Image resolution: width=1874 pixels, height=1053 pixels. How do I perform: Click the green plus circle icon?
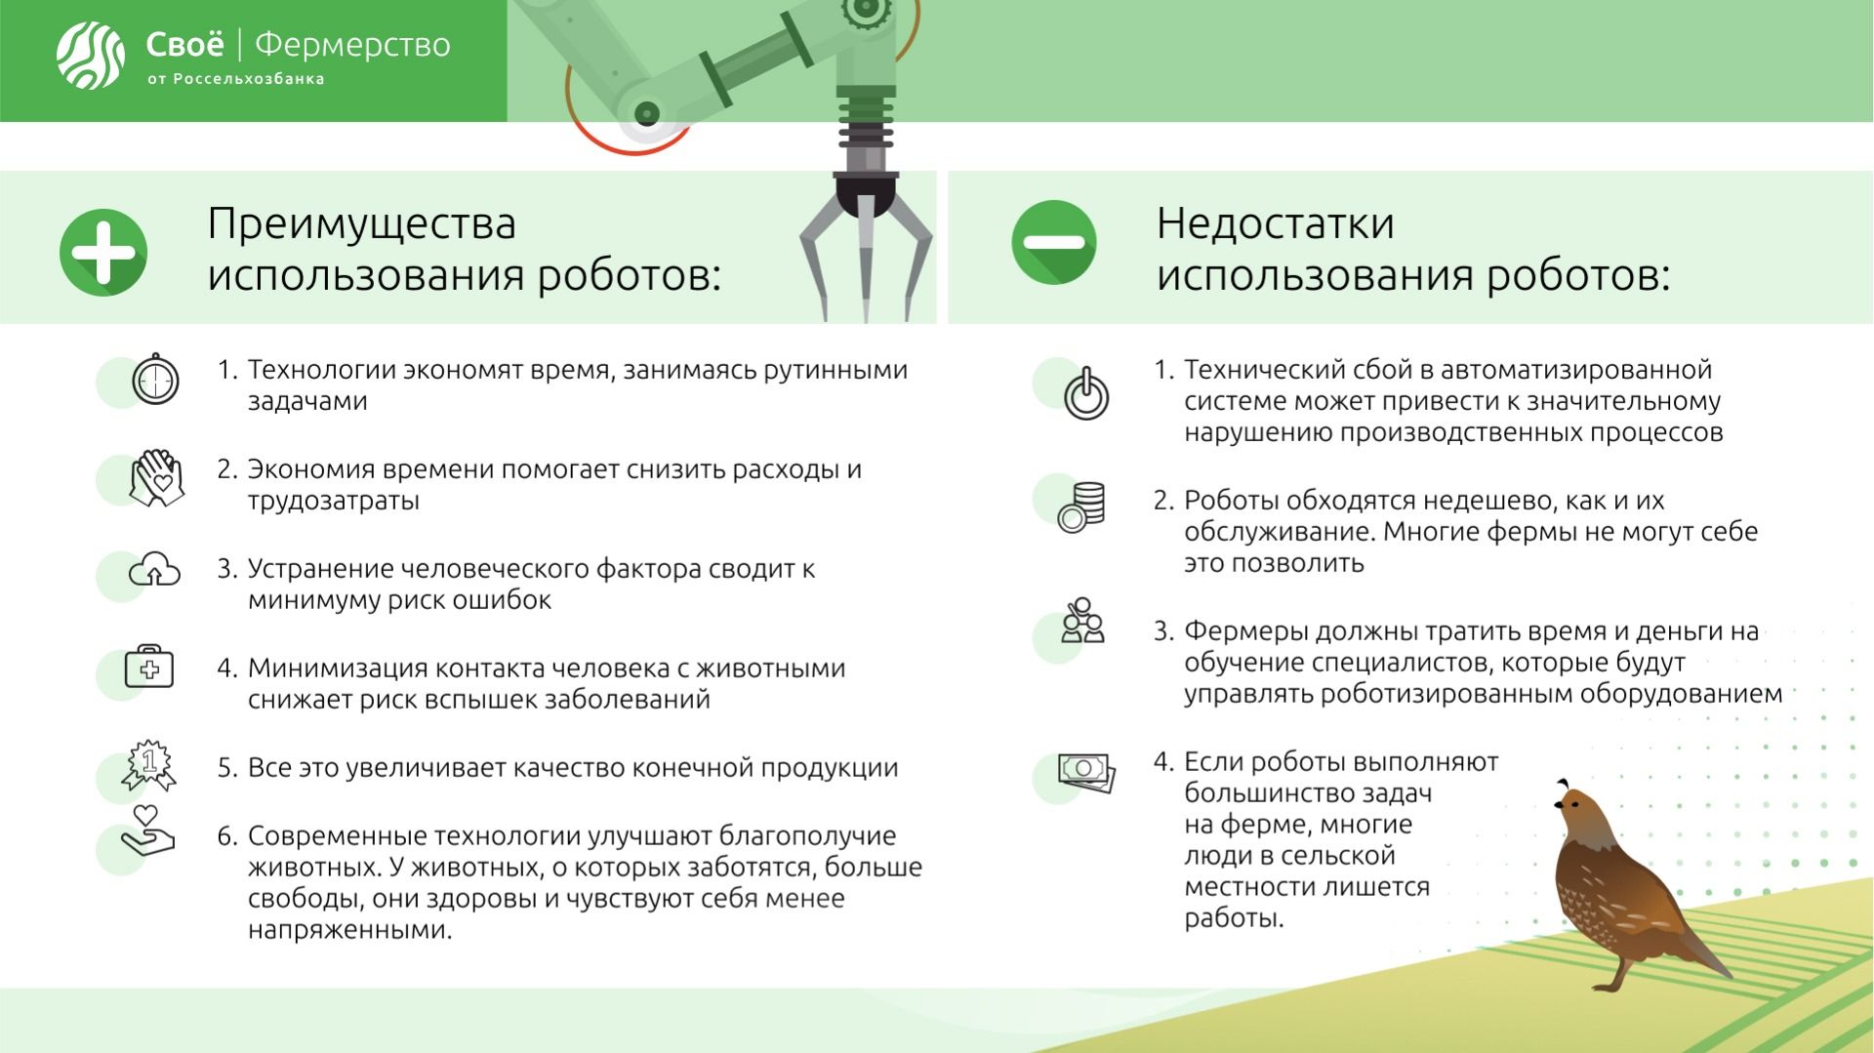(x=103, y=252)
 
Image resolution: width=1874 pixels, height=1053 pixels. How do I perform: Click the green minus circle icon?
(x=1053, y=242)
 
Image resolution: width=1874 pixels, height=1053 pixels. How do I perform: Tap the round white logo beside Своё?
(x=90, y=54)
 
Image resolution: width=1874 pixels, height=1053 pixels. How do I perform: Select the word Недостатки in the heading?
(x=1275, y=223)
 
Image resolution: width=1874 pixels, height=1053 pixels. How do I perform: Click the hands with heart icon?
(x=157, y=478)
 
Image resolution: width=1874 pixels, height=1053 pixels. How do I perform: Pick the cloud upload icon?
(x=155, y=570)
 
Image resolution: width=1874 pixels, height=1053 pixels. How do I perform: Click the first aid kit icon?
(x=149, y=668)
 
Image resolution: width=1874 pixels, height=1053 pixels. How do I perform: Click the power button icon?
(x=1086, y=393)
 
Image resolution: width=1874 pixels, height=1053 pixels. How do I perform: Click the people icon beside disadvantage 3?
(x=1082, y=621)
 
